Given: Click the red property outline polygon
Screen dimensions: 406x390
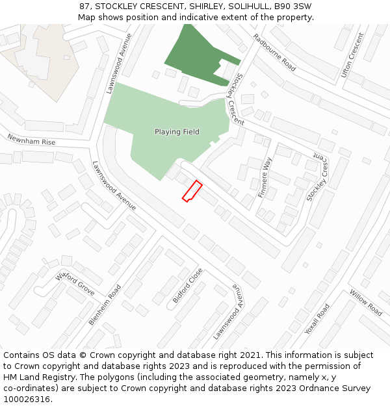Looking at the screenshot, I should (192, 191).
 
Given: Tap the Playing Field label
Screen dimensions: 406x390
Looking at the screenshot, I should (177, 132).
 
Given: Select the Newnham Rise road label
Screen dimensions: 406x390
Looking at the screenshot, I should (31, 140).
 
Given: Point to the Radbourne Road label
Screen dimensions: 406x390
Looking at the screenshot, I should (274, 53).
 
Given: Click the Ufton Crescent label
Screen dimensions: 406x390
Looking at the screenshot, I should (352, 55).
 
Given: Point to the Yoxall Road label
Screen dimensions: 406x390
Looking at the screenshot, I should (317, 319).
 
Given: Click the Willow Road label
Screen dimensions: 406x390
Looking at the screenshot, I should (365, 303).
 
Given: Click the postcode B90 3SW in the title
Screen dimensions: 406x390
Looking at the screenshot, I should (292, 6).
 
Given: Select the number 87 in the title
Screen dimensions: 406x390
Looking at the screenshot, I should (85, 6).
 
